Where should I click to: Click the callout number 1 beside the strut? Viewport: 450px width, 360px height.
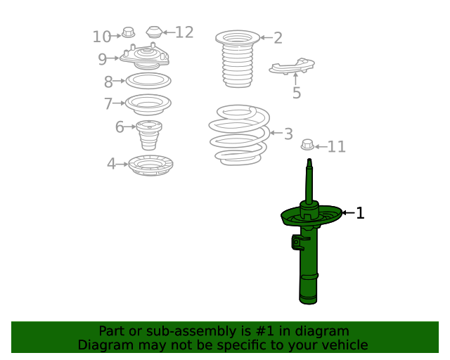(360, 213)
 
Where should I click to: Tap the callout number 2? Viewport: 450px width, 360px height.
(278, 38)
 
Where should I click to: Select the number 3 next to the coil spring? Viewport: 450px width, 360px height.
(288, 134)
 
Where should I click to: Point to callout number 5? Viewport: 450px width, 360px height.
(297, 93)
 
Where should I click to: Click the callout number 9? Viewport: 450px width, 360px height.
(103, 59)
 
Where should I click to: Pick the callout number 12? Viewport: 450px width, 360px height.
(184, 32)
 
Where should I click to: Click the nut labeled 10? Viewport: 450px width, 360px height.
(128, 32)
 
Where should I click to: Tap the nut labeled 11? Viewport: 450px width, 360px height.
(307, 144)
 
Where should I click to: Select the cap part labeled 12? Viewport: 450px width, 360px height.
(155, 32)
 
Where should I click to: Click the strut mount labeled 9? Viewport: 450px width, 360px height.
(144, 56)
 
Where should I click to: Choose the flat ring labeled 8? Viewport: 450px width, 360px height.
(148, 81)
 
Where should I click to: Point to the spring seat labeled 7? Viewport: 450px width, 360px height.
(148, 104)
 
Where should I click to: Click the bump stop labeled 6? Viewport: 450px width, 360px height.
(149, 134)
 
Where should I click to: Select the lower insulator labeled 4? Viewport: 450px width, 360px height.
(150, 165)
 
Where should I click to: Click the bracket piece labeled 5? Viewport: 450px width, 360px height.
(292, 66)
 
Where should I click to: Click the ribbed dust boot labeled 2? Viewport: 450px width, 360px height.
(238, 59)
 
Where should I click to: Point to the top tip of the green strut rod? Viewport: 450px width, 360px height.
(309, 159)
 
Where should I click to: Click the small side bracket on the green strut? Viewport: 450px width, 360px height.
(298, 243)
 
